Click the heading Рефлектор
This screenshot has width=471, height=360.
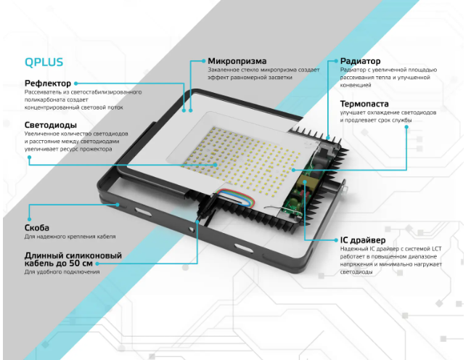[x=48, y=84]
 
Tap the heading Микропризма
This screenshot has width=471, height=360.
[x=237, y=60]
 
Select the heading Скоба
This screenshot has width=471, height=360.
[x=37, y=228]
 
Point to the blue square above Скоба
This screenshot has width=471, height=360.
[x=28, y=217]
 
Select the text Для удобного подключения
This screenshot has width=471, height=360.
[x=62, y=272]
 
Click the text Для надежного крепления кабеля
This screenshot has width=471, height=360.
[x=70, y=237]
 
